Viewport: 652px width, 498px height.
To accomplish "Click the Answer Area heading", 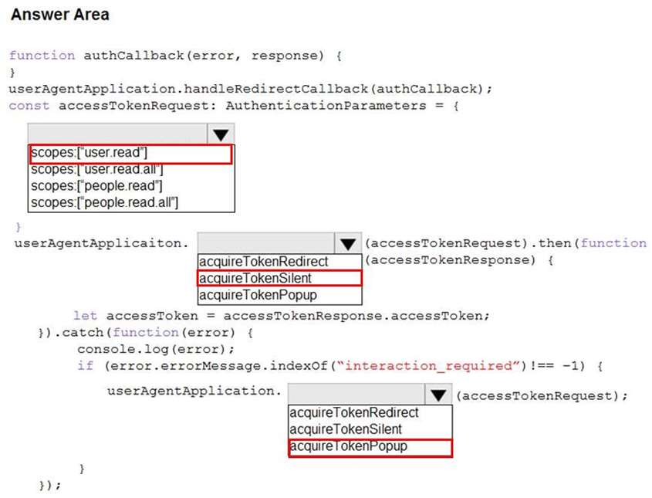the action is pos(60,15).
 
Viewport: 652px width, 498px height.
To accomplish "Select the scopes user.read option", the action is pos(89,153).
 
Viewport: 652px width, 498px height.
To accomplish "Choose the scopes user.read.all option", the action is pos(97,169).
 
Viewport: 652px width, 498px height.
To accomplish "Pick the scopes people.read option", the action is pos(96,186).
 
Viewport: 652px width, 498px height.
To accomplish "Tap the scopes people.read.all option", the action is pos(104,202).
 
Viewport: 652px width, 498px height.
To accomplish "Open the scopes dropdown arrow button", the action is pos(221,134).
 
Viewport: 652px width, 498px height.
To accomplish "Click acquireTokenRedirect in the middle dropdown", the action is pos(264,262).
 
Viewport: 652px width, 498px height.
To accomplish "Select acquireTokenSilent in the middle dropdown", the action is pos(255,278).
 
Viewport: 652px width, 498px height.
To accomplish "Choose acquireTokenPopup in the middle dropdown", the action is pos(258,295).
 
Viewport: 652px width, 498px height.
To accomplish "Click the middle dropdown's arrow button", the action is pos(348,243).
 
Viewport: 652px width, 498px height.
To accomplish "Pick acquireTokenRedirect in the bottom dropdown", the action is pos(354,413).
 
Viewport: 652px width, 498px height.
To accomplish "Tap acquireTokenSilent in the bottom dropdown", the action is pos(346,429).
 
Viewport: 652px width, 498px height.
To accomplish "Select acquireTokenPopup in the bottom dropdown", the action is pos(348,446).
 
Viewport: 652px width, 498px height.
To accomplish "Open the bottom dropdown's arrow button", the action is pos(438,395).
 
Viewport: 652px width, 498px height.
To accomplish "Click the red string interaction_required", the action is pos(428,366).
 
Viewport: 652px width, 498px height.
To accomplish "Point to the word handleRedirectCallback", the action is pos(275,89).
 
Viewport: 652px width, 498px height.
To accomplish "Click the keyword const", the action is pos(29,106).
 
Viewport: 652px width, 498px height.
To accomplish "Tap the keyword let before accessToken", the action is pos(85,316).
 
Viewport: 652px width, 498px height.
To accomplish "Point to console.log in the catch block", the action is pos(123,349).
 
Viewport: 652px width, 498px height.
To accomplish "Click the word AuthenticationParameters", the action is pos(326,106).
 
